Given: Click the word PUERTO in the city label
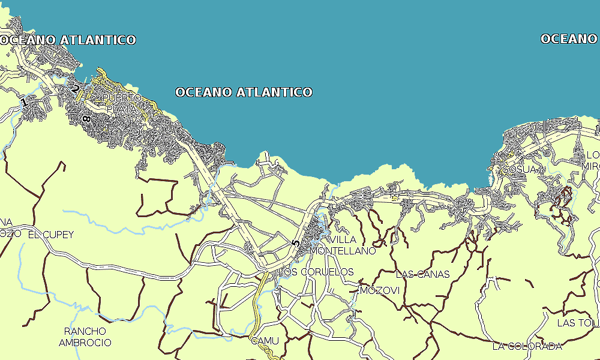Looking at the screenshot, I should coord(122,98).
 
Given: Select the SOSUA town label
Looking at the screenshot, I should coord(520,170).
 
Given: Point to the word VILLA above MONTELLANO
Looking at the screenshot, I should coord(343,240).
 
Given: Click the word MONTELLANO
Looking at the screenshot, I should coord(343,251).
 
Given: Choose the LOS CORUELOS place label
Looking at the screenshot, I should coord(317,272).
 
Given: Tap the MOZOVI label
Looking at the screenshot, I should coord(380,291).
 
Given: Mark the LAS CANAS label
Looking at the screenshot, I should coord(422,274).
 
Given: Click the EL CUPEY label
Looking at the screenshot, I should coord(51,235).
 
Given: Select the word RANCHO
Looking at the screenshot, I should coord(85,331).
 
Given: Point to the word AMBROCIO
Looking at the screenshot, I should coord(85,343).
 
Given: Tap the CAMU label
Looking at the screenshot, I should coord(265,341).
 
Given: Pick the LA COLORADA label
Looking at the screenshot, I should coord(527,346).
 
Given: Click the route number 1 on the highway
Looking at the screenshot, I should coord(24,103).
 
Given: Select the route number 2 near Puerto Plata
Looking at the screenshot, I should coord(76,89).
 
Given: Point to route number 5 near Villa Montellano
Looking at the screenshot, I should coord(295,244).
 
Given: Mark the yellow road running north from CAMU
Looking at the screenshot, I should coord(258,306).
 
